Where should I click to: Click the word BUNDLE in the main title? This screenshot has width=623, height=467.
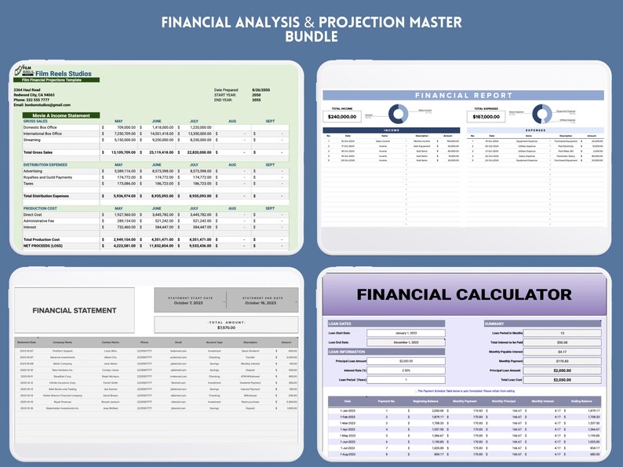(311, 37)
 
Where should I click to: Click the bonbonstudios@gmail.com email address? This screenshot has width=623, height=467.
(42, 104)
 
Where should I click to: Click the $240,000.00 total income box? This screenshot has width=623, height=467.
(348, 116)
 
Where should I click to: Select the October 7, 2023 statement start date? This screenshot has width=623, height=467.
(189, 303)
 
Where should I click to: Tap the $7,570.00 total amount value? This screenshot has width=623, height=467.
(226, 327)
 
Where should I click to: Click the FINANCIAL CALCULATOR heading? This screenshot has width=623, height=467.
(465, 295)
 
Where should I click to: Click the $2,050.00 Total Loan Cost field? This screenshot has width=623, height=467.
(562, 379)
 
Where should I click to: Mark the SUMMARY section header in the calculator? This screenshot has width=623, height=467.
(496, 323)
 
